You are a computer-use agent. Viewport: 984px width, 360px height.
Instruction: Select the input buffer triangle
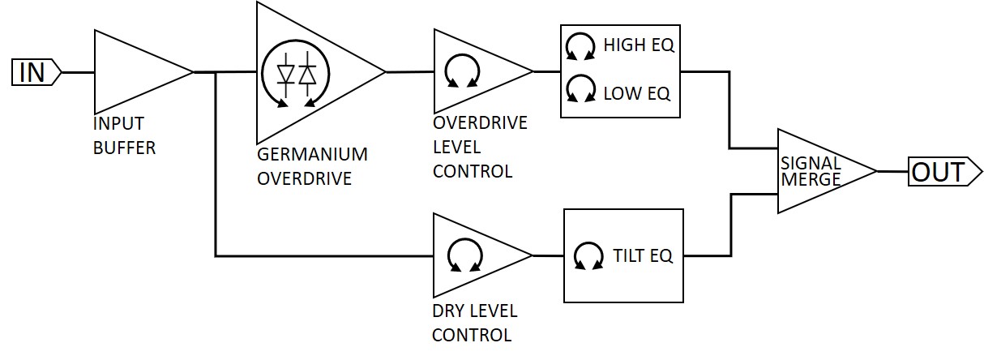[x=134, y=72]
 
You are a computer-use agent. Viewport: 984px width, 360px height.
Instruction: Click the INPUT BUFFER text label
[x=123, y=136]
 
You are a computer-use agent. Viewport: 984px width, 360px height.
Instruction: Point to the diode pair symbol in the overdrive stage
[x=296, y=73]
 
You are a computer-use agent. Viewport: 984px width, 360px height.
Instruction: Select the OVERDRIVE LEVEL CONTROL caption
[x=480, y=147]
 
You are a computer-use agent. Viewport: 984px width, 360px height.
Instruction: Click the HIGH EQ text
[x=639, y=45]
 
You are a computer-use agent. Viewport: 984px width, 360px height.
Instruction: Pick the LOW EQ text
[x=637, y=93]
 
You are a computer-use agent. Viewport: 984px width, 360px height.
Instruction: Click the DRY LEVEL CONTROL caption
[x=474, y=323]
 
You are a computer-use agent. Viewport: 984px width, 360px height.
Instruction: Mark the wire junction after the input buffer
[x=216, y=72]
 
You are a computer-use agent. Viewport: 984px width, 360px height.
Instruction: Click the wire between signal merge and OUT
[x=892, y=172]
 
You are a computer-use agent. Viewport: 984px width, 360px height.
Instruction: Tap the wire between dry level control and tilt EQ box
[x=548, y=255]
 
